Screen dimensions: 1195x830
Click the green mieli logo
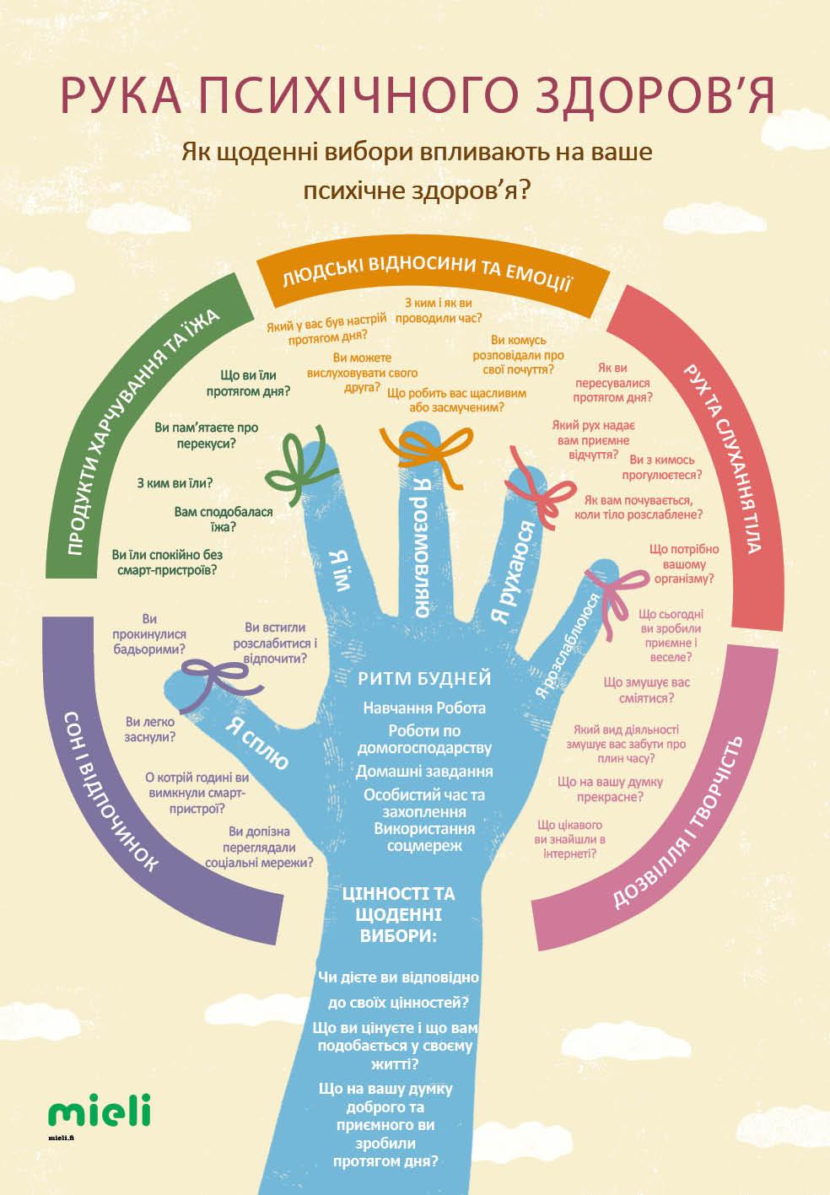pyautogui.click(x=99, y=1111)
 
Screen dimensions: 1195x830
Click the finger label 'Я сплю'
pyautogui.click(x=257, y=743)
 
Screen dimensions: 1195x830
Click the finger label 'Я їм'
pyautogui.click(x=339, y=570)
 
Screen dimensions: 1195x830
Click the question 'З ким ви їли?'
pyautogui.click(x=175, y=484)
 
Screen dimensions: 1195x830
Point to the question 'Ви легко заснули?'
pyautogui.click(x=150, y=729)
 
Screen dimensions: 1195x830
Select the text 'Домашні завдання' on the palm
pyautogui.click(x=423, y=771)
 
